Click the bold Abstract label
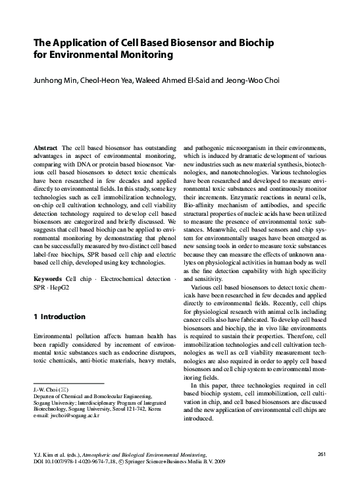point(46,149)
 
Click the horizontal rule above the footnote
point(68,382)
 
